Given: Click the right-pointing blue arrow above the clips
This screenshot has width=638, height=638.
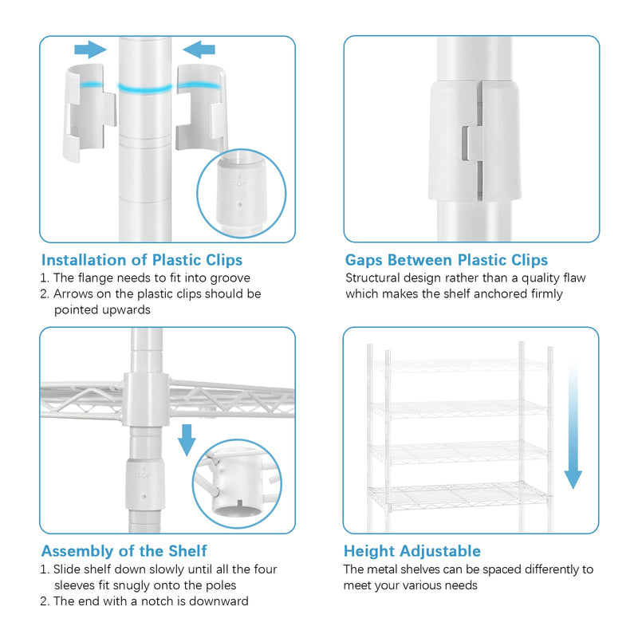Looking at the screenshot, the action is pos(90,49).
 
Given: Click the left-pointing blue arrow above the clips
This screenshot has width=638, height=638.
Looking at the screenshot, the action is pos(199,49).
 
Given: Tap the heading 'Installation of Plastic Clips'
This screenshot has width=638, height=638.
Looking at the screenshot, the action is pos(142,260).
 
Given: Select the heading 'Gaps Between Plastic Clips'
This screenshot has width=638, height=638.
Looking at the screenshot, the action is pos(447,260).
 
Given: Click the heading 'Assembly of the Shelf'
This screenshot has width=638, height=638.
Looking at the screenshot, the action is pos(124,551).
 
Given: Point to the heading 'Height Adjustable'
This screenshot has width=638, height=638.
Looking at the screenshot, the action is pos(412,551).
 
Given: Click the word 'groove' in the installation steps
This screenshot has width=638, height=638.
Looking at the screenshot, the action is pos(230,278).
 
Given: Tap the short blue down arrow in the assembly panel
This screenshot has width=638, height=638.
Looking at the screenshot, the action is pos(187,440).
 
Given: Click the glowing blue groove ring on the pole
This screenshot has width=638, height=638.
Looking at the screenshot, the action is pos(145,89).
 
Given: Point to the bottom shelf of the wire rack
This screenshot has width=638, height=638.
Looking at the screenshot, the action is pos(459,495).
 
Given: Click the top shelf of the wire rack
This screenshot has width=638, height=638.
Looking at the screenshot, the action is pos(459,365).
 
